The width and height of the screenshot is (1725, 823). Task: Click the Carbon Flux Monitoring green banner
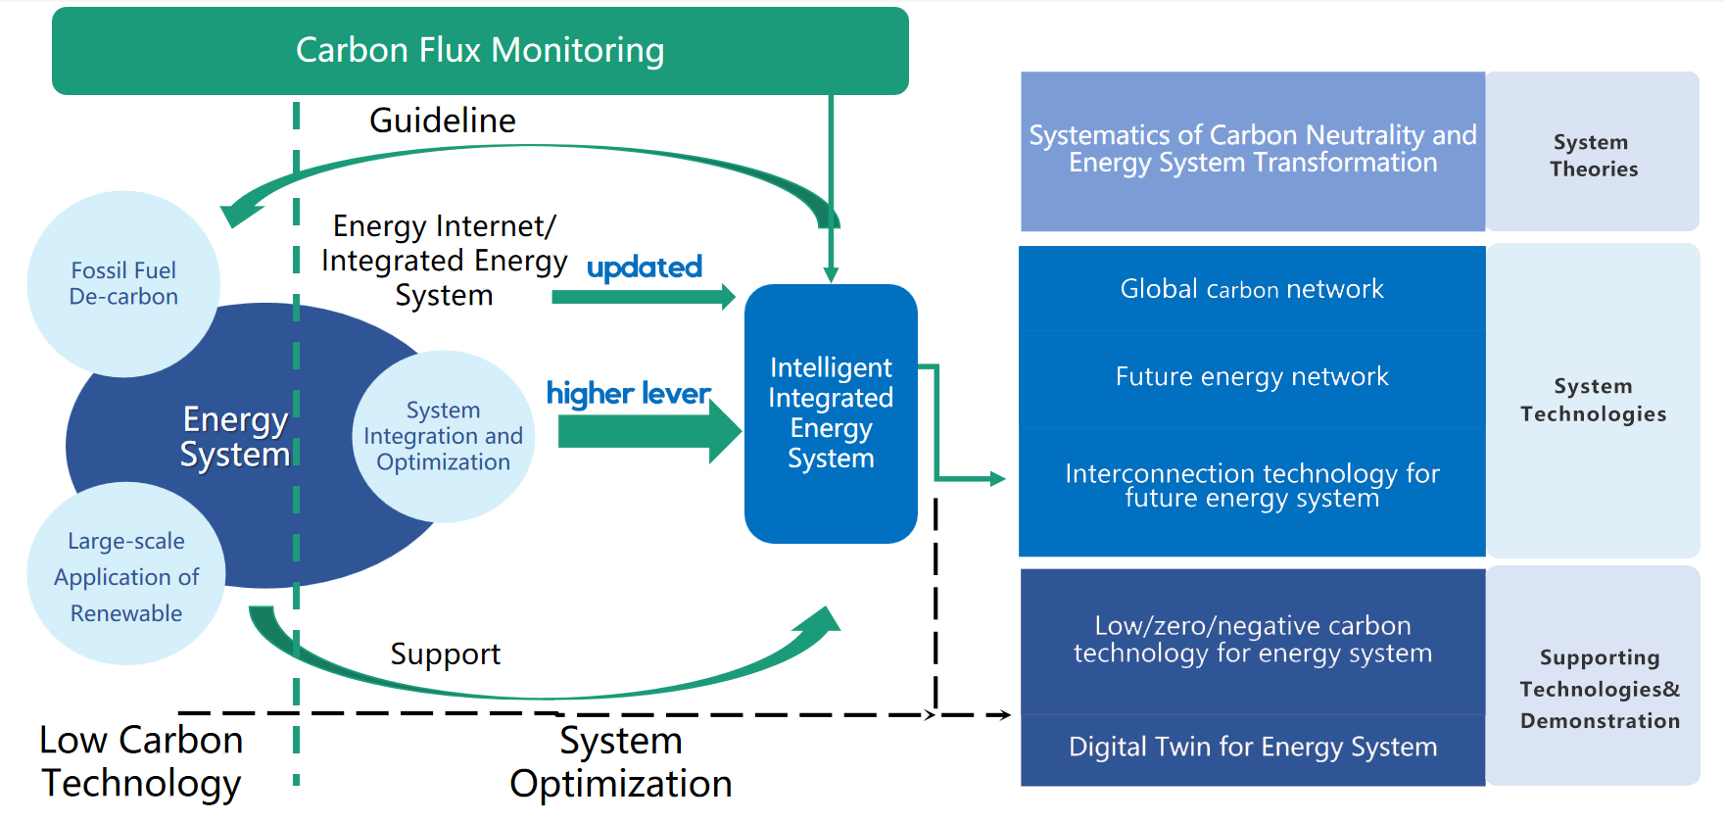tap(480, 51)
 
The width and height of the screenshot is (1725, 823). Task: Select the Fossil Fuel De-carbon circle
tap(123, 283)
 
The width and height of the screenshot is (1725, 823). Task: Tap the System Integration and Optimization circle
tap(443, 436)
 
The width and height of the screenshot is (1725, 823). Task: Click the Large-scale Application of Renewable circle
tap(126, 576)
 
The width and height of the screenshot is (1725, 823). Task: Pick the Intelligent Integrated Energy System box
tap(831, 413)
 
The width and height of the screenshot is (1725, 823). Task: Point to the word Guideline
tap(443, 121)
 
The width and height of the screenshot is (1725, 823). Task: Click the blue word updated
tap(644, 266)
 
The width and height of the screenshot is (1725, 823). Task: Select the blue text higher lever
tap(628, 393)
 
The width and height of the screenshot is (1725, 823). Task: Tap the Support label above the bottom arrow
tap(445, 654)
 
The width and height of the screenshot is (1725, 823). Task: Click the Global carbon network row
tap(1252, 289)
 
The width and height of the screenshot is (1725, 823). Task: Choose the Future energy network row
tap(1252, 377)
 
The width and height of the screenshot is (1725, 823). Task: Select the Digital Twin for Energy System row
tap(1252, 748)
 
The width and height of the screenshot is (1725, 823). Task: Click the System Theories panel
tap(1593, 155)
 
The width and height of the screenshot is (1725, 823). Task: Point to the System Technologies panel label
tap(1593, 400)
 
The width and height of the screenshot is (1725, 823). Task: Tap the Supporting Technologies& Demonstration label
tap(1599, 689)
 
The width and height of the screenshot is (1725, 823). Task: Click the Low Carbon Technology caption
tap(141, 761)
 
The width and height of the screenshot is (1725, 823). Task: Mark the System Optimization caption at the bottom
tap(621, 762)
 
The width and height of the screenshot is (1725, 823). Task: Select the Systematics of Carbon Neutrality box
tap(1252, 150)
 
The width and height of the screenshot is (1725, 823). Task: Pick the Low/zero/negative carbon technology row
tap(1252, 640)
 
